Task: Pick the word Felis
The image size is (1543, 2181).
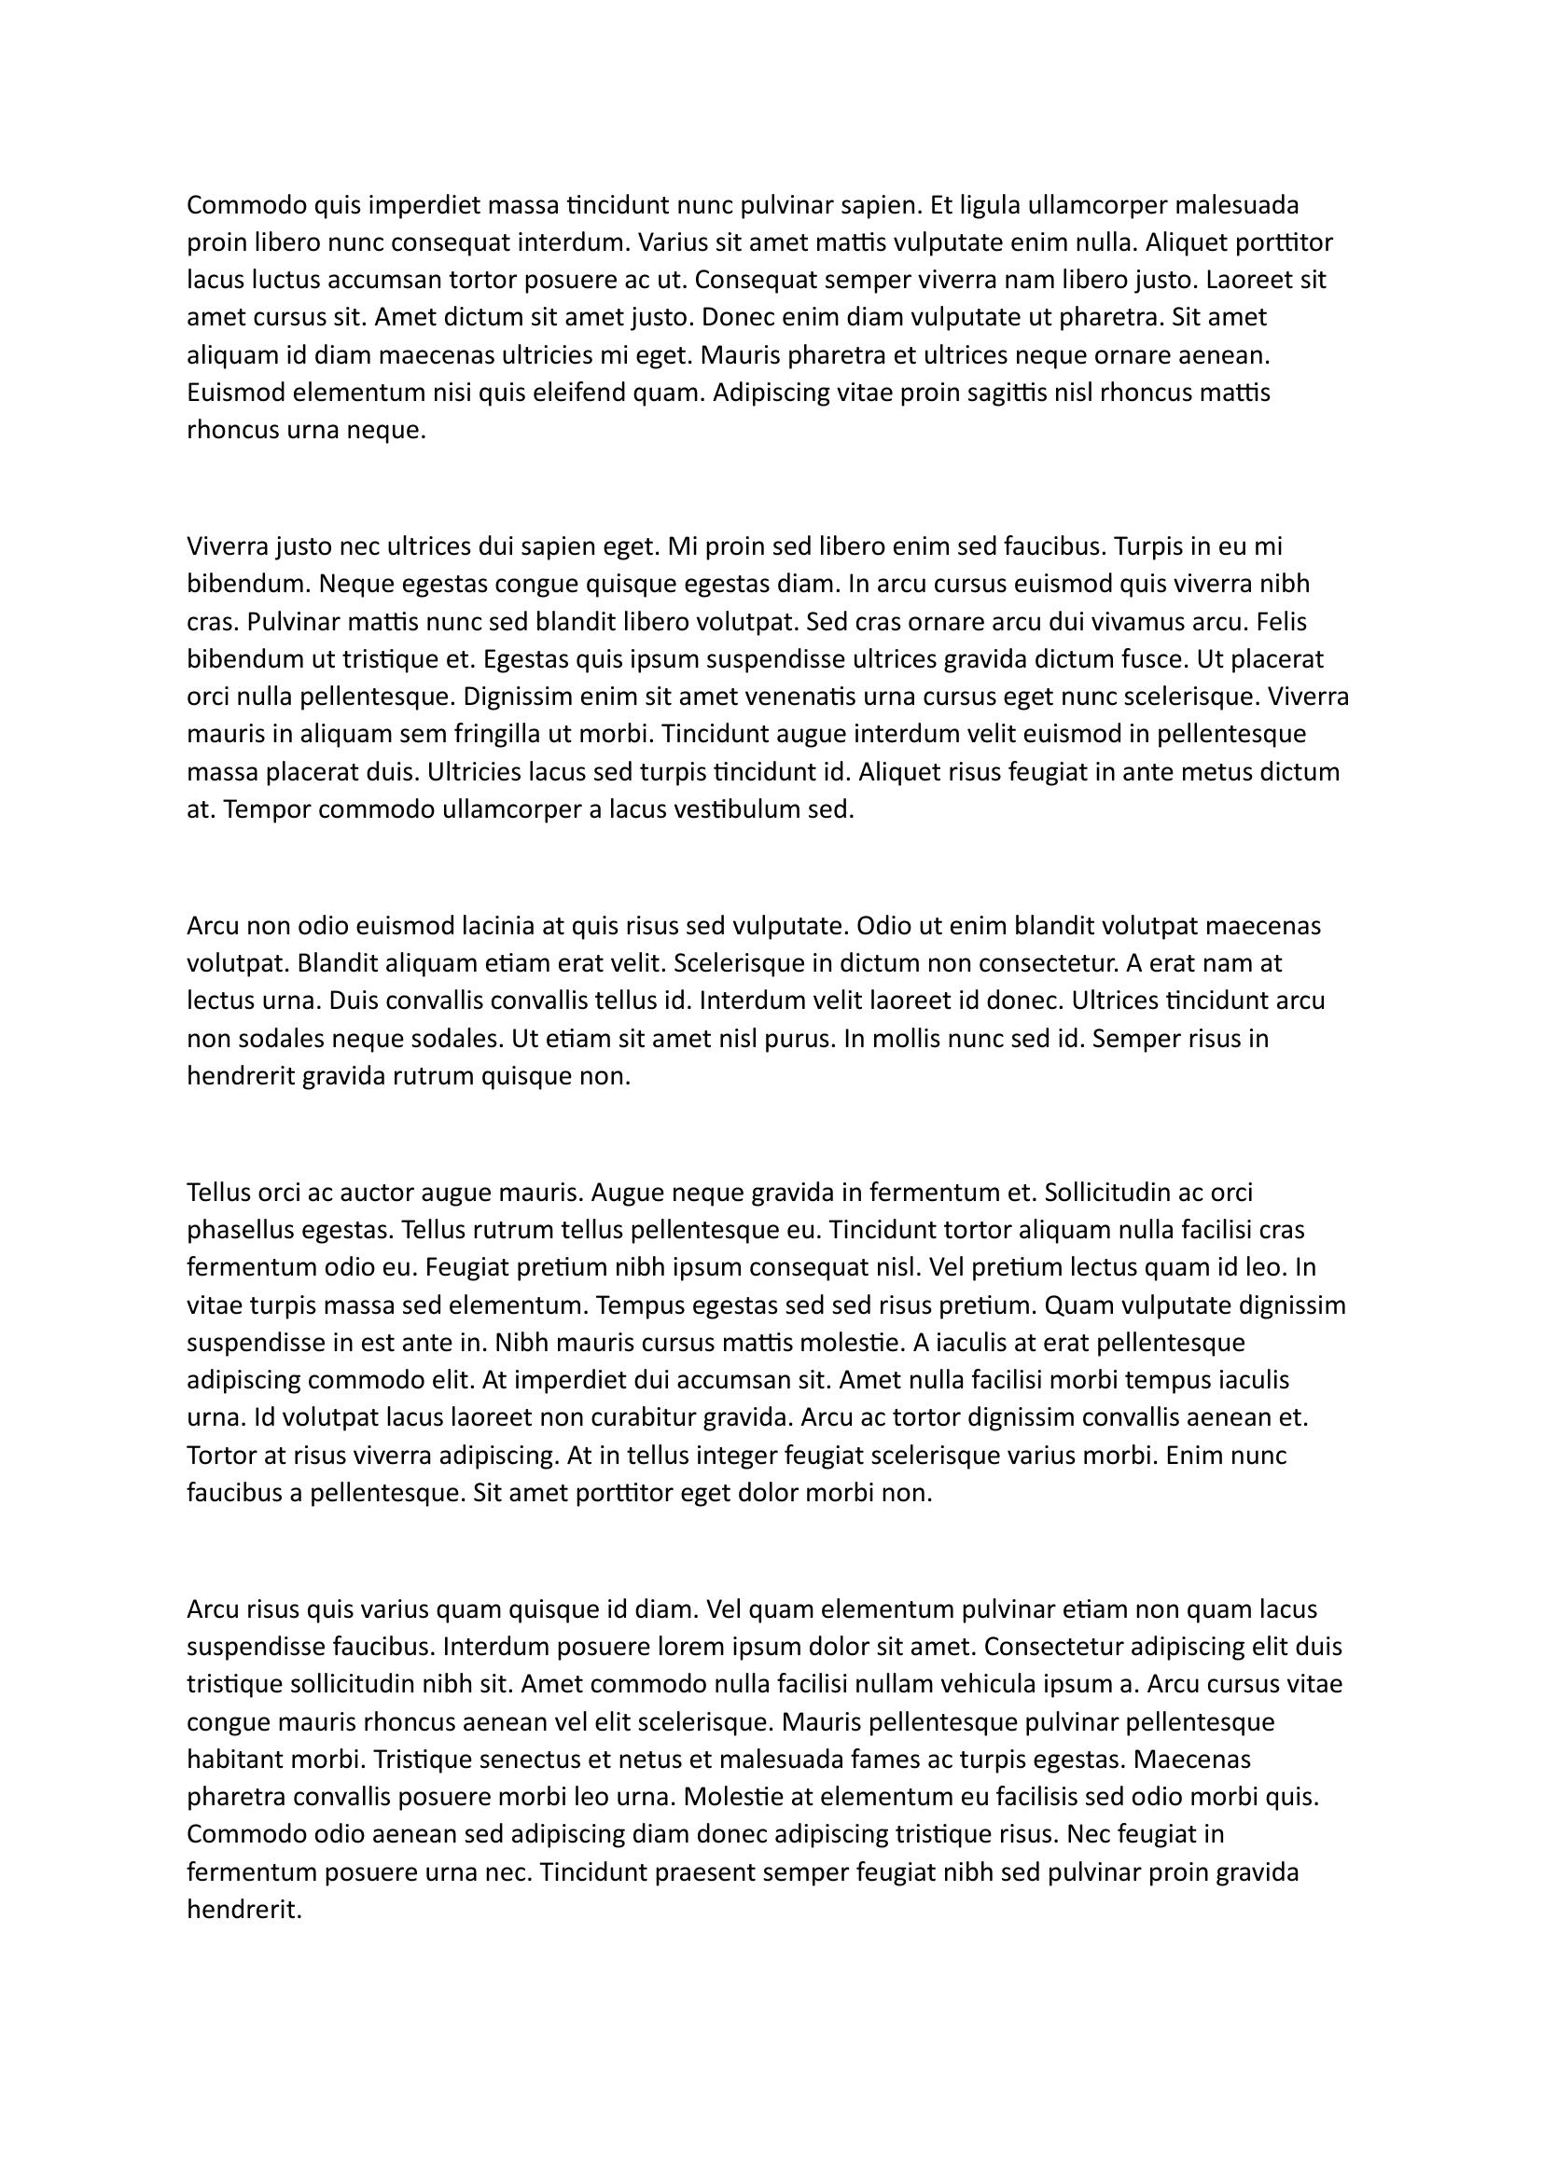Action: (x=1282, y=622)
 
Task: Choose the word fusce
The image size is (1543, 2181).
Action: (x=1156, y=659)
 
